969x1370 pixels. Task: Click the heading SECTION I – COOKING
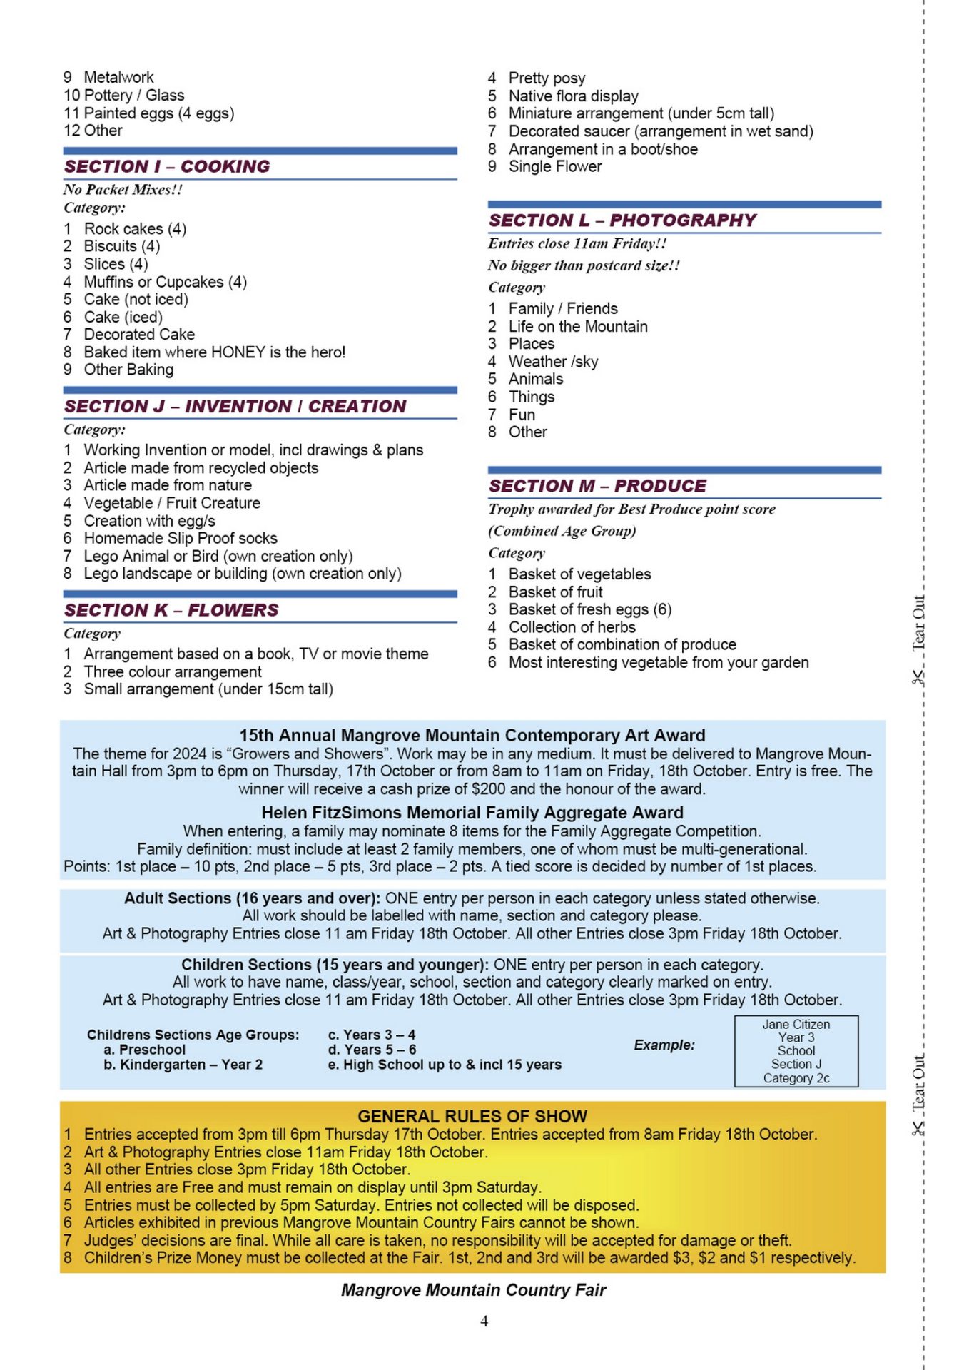(x=167, y=166)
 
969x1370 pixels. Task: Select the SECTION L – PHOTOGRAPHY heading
(x=622, y=220)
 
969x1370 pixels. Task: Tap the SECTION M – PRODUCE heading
(x=597, y=486)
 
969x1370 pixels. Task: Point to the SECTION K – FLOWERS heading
(x=171, y=610)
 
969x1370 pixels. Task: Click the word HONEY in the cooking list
(x=238, y=352)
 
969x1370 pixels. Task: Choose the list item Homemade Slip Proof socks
(x=181, y=539)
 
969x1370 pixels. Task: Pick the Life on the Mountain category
(x=578, y=327)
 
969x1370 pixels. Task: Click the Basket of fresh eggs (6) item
(x=589, y=609)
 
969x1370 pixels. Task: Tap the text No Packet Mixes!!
(x=123, y=190)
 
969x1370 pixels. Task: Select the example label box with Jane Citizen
(x=796, y=1051)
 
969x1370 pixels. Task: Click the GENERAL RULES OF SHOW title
(x=472, y=1116)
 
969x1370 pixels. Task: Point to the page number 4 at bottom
(x=484, y=1321)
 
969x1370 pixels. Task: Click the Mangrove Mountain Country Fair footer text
(x=473, y=1290)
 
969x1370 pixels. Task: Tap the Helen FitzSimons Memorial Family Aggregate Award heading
(x=472, y=813)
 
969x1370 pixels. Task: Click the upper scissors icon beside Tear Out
(x=918, y=677)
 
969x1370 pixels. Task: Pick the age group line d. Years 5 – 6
(x=372, y=1050)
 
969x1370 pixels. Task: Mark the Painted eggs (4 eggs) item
(x=158, y=113)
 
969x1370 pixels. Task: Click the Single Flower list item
(x=554, y=167)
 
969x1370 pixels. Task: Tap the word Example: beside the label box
(x=664, y=1045)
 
